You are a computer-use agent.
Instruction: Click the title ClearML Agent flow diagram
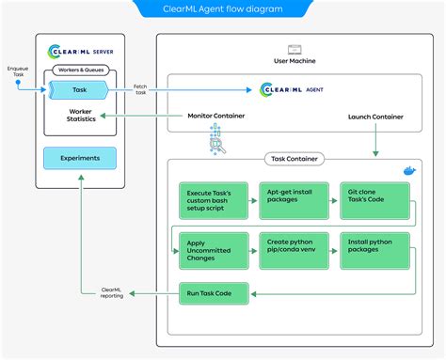pos(222,10)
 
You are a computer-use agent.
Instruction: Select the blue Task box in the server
pos(79,89)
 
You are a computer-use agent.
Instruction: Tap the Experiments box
pos(79,158)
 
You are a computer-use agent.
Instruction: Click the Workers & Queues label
pos(79,70)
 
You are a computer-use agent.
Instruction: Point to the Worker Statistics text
pos(79,117)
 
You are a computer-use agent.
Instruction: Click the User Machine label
pos(294,60)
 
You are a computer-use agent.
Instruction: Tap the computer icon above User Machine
pos(294,47)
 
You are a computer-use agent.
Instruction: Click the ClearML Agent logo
pos(294,89)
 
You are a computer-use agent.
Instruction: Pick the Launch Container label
pos(375,117)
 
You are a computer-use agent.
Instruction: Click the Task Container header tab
pos(294,159)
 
